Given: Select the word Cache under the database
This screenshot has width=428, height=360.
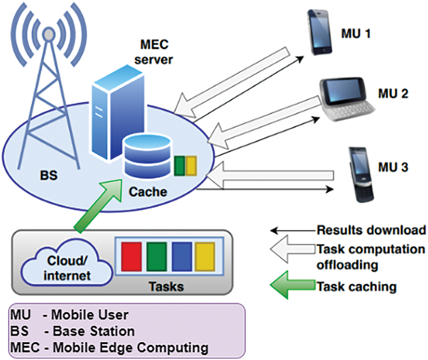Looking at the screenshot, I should (148, 192).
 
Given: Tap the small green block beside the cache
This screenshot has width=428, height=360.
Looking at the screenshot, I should (179, 165).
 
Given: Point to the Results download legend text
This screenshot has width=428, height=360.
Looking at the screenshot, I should (371, 230).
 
